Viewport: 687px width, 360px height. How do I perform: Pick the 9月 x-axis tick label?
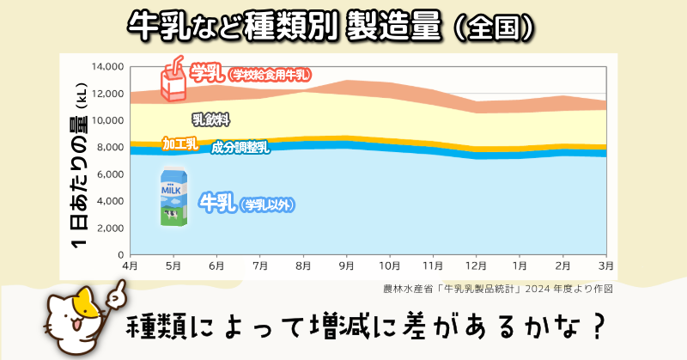click(x=346, y=266)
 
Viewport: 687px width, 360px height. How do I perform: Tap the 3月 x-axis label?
click(x=605, y=266)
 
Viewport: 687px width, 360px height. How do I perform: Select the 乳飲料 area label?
click(x=210, y=119)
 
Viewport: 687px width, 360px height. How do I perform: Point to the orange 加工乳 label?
click(x=180, y=143)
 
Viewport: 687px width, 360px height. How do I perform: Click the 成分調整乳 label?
click(x=240, y=148)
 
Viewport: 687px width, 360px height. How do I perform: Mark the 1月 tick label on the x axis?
click(x=519, y=266)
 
